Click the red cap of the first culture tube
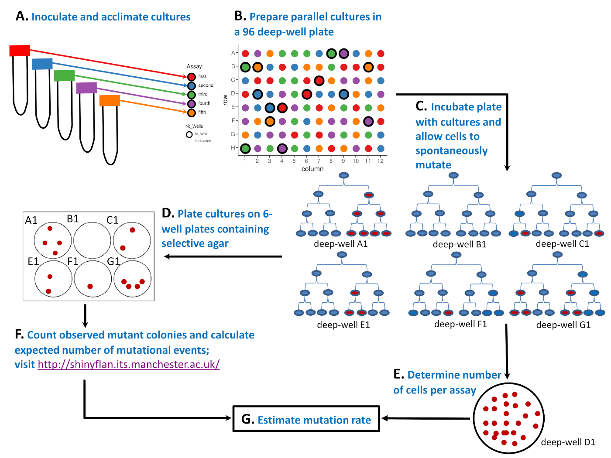point(20,51)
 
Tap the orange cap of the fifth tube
point(110,101)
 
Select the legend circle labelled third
point(191,95)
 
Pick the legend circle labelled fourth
point(191,104)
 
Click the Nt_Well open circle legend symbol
point(189,134)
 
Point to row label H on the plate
point(233,148)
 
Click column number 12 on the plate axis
point(381,161)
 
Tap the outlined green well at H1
point(245,148)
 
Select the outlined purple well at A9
point(344,54)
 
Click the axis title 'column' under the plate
point(312,169)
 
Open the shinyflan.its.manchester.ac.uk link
point(128,364)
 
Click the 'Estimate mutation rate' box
point(306,419)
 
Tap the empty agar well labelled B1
point(92,240)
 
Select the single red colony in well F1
point(90,287)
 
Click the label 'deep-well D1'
point(568,442)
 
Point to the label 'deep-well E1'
point(343,325)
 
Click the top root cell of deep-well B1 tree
point(453,175)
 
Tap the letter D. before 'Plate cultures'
point(168,213)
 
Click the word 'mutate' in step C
point(433,165)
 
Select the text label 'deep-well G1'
point(563,325)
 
